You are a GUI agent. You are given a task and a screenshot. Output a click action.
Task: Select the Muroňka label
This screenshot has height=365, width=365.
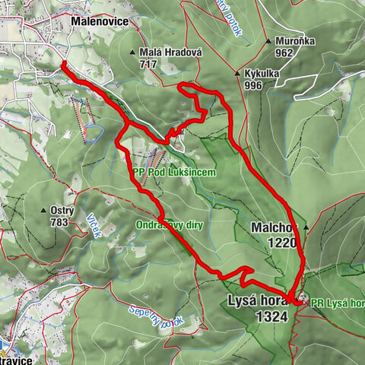pos(294,42)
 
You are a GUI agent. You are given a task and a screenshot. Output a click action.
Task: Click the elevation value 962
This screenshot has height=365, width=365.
pos(285,53)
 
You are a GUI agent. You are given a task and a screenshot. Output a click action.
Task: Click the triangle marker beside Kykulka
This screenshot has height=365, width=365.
pos(237,74)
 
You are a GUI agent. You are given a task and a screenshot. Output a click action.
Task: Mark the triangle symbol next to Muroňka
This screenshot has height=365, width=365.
pos(269,42)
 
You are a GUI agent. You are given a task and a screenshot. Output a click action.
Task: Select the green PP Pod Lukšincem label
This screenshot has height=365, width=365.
pos(173,173)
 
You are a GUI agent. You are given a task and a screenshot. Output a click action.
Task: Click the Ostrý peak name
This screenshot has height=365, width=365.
pos(62,211)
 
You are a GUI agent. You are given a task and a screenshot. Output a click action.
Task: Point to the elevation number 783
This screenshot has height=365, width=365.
pos(59,222)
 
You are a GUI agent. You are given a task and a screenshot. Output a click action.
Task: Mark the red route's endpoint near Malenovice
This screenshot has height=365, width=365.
pos(63,65)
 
